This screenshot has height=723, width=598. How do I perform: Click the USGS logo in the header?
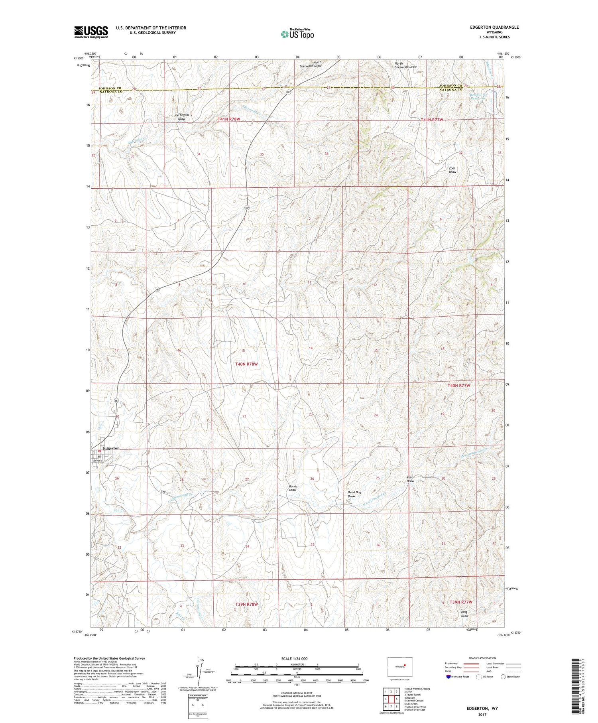91,32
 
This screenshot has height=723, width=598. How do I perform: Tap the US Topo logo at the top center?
297,34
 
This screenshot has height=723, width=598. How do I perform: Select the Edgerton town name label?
111,448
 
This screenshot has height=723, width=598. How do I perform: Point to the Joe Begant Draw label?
181,117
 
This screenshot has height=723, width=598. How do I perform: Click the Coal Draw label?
452,170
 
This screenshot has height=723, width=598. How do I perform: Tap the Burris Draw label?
293,488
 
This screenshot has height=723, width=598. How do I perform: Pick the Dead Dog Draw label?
354,494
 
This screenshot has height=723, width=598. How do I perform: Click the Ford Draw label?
410,479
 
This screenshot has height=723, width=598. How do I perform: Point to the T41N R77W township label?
433,120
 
